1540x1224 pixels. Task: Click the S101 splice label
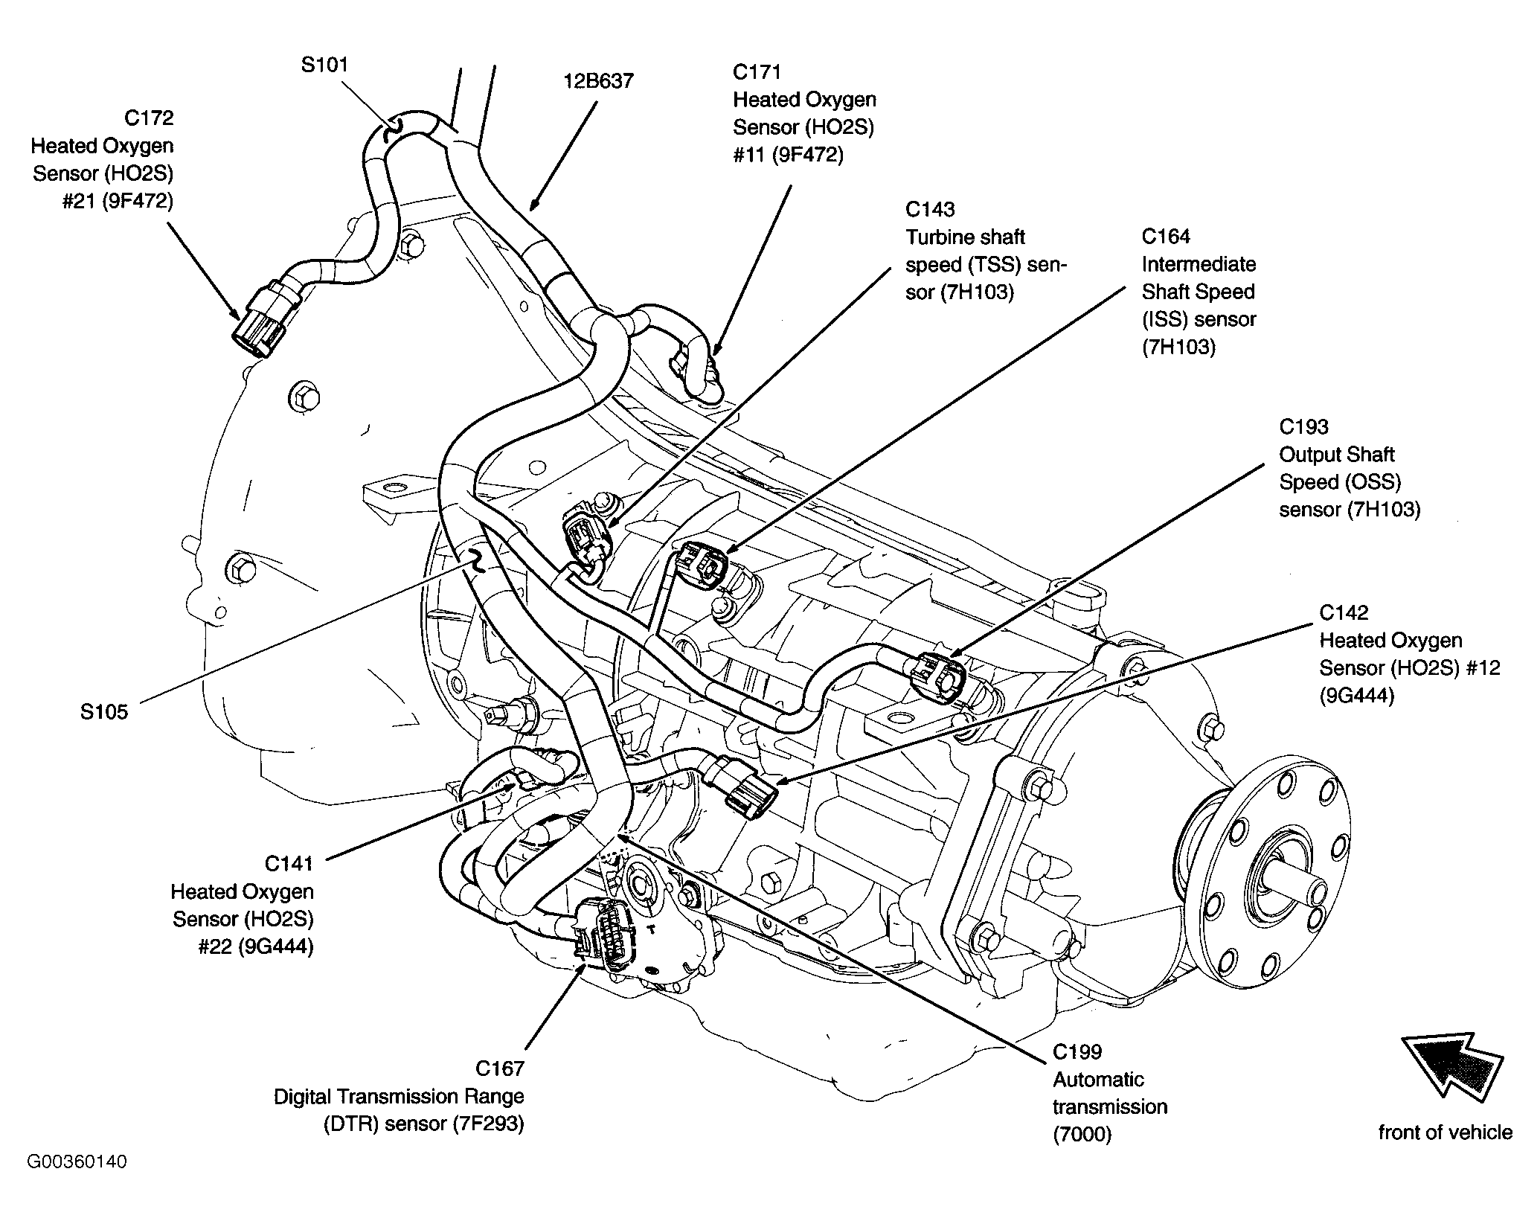[324, 65]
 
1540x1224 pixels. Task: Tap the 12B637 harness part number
[598, 80]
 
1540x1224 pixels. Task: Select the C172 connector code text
[149, 118]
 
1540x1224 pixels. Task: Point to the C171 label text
[757, 72]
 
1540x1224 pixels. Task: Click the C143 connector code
[931, 209]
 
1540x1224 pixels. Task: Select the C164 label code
[1167, 236]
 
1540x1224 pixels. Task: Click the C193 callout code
[1304, 426]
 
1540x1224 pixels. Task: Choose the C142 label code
[1344, 612]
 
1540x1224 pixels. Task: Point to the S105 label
[104, 712]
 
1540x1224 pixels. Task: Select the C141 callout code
[289, 863]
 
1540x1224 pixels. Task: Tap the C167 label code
[500, 1068]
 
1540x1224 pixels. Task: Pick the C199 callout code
[1077, 1051]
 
